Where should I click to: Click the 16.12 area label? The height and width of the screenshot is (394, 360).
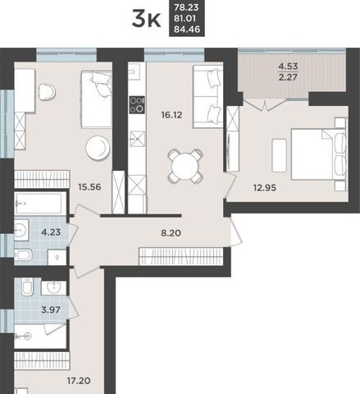pos(171,115)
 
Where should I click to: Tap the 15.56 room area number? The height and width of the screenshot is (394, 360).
pos(89,187)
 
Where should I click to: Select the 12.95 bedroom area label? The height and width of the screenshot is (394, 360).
pos(265,188)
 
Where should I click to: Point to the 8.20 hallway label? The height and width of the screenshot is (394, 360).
pos(171,233)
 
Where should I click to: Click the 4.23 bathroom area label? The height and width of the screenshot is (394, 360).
pos(51,232)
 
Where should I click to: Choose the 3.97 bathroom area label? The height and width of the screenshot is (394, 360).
pos(51,310)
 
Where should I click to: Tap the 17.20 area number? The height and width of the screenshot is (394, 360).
pos(79,381)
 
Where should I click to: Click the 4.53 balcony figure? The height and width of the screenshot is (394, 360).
pos(288,66)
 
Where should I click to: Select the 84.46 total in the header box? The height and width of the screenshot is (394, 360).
pos(187,29)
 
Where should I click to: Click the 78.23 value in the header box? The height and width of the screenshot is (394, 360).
pos(186,7)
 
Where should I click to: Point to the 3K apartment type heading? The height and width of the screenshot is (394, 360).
pos(147,19)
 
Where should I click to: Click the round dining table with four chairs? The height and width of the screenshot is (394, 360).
pos(185,166)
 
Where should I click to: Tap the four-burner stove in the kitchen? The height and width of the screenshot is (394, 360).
pos(137,105)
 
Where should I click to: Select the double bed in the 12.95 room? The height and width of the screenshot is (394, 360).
pos(319,154)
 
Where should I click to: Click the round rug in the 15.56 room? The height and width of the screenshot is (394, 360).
pos(98,148)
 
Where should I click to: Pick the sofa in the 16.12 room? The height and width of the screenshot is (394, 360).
pos(208,96)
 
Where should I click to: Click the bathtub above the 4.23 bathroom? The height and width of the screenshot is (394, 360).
pos(40,204)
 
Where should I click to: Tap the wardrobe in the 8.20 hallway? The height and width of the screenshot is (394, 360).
pos(181,256)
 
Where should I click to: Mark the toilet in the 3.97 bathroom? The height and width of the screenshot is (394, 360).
pos(27,286)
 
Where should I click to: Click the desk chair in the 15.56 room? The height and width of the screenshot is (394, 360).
pos(47,92)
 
